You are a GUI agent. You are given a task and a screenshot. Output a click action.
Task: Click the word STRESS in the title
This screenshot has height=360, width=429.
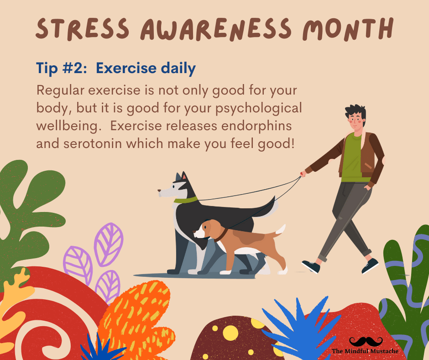tap(83, 28)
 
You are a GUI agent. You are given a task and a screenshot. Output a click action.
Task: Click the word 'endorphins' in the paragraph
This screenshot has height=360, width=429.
tap(256, 126)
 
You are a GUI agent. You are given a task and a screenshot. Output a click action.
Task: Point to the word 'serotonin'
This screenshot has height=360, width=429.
tap(93, 143)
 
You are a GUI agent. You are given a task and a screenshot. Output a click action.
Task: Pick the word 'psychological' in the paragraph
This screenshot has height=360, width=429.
tap(259, 108)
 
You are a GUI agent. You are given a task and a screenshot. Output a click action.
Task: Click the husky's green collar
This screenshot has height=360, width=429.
tap(186, 200)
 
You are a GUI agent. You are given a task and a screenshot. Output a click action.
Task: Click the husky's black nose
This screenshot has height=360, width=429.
tap(159, 190)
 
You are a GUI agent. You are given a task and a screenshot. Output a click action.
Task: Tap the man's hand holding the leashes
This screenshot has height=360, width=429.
tap(303, 174)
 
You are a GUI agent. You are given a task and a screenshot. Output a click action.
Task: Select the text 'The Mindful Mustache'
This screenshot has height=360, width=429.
tap(365, 351)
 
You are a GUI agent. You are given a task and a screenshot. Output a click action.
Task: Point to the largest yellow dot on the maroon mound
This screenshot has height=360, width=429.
tap(230, 333)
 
